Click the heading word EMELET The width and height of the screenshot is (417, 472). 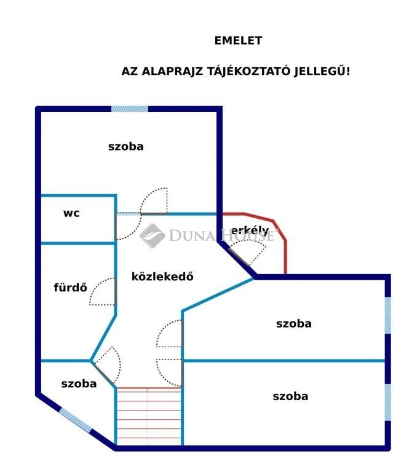[238, 41]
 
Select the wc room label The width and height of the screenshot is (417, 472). [71, 213]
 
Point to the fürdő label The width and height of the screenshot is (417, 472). [70, 287]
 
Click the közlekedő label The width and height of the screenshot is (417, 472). [162, 277]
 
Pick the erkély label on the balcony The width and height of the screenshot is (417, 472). [250, 230]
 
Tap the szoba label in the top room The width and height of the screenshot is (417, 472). [125, 147]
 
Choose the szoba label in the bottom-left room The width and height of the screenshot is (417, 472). [79, 383]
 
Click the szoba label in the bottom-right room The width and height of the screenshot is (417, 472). [290, 396]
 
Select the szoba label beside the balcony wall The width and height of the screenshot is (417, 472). [294, 324]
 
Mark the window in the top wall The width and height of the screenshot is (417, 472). [130, 109]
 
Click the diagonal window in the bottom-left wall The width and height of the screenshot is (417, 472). [75, 420]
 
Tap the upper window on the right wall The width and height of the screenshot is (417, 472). [387, 315]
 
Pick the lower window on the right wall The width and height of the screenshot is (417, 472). [387, 403]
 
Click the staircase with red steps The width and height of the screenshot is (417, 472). [149, 416]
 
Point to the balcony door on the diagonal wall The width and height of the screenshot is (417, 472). [239, 256]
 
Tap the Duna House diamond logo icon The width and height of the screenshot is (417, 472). [153, 236]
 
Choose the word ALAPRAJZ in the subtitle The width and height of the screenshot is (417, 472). [172, 71]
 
